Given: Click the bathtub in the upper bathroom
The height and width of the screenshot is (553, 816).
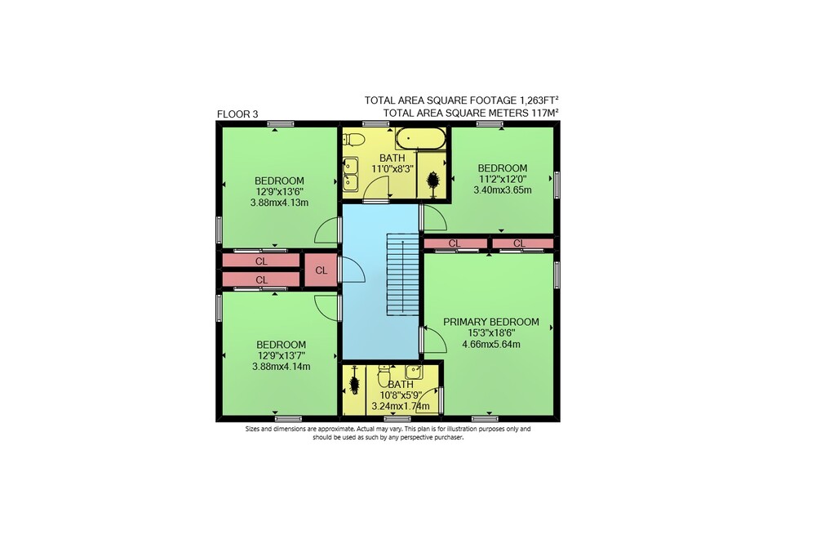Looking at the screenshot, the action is pyautogui.click(x=420, y=139).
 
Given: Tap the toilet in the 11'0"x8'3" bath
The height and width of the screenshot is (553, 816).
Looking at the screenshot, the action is pyautogui.click(x=354, y=140).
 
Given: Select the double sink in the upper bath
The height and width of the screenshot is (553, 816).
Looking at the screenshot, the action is pyautogui.click(x=350, y=174).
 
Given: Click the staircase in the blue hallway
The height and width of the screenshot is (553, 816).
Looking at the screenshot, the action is pyautogui.click(x=403, y=274).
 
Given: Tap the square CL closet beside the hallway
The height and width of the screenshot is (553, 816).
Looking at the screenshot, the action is pyautogui.click(x=321, y=270).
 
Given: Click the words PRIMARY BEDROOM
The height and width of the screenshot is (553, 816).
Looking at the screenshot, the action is pyautogui.click(x=490, y=322).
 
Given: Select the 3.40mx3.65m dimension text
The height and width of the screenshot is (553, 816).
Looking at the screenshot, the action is pyautogui.click(x=502, y=190).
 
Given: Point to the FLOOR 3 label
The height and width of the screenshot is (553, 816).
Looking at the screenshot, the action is pyautogui.click(x=237, y=114).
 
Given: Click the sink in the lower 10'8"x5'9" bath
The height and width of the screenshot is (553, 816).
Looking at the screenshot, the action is pyautogui.click(x=414, y=372).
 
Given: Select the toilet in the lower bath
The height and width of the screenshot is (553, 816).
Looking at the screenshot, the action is pyautogui.click(x=384, y=374).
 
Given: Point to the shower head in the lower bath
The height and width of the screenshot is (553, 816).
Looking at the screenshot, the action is pyautogui.click(x=354, y=385).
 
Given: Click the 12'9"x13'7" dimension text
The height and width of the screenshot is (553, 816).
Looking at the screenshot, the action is pyautogui.click(x=281, y=355).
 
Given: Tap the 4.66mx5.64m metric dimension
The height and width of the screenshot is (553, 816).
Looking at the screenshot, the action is pyautogui.click(x=490, y=344).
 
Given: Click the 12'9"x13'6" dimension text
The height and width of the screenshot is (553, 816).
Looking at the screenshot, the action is pyautogui.click(x=279, y=192).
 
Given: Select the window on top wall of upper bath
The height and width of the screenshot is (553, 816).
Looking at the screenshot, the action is pyautogui.click(x=375, y=124).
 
